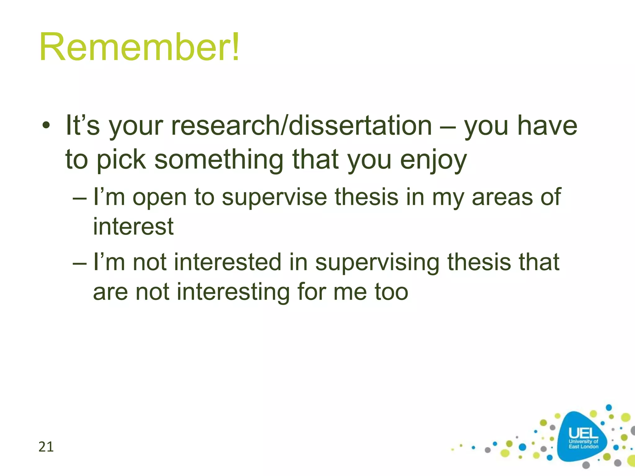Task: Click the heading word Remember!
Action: tap(140, 47)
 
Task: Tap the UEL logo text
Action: tap(583, 433)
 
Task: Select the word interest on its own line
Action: tap(133, 227)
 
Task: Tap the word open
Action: tap(159, 198)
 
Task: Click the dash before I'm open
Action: tap(80, 198)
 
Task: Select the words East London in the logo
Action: tap(583, 447)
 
